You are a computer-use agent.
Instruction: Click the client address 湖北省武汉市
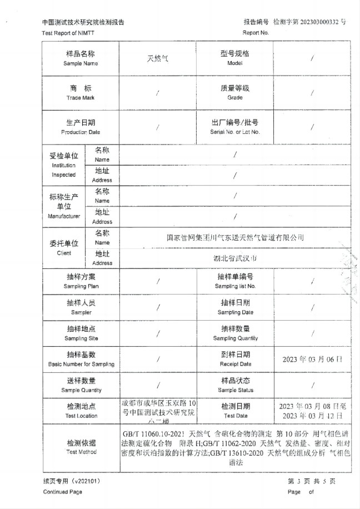[x=235, y=258]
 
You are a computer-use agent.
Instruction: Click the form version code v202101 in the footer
[x=86, y=481]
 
